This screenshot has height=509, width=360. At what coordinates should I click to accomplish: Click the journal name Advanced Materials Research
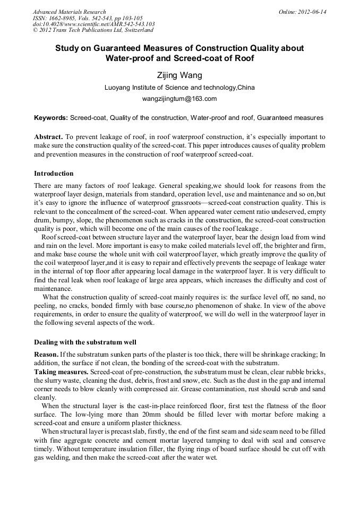[69, 12]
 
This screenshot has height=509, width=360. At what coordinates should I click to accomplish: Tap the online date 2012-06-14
[312, 12]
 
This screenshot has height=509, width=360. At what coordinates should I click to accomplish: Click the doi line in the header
[94, 24]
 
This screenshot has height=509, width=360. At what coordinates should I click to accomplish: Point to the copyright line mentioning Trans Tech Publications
[89, 30]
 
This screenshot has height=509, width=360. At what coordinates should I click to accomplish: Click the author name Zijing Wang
[179, 75]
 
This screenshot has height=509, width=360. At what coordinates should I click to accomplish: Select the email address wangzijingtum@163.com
[179, 99]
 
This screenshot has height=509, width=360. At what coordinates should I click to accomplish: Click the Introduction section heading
[54, 174]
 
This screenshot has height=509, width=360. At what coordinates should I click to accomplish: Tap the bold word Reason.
[46, 354]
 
